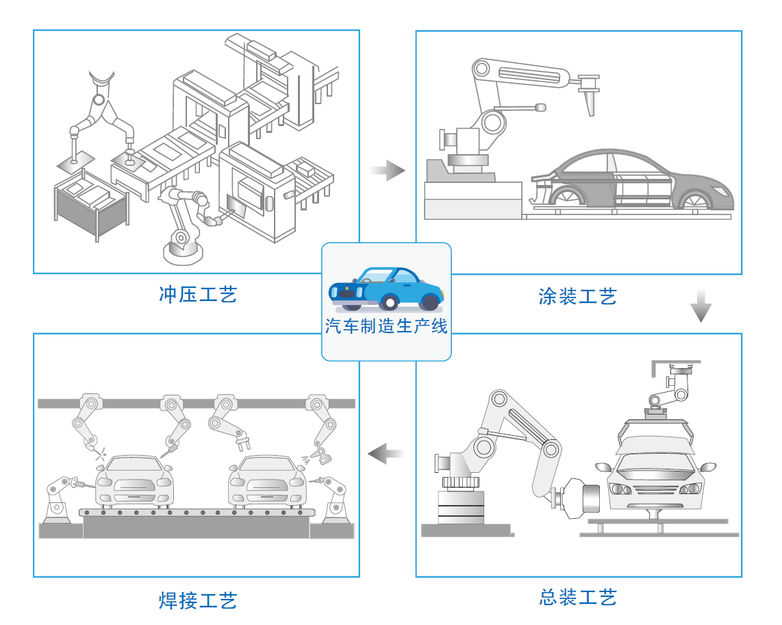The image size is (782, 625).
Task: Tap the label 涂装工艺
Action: coord(577,297)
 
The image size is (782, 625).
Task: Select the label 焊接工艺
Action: coord(198,600)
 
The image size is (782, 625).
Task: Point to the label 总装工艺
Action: coord(577,597)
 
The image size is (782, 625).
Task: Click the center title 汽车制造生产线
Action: coord(386,327)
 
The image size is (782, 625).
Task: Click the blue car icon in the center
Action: coord(386,289)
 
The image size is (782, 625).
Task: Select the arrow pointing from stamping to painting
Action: coord(388,170)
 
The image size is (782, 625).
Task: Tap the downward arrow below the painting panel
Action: coord(701,306)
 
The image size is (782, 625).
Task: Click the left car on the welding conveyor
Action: coord(134,480)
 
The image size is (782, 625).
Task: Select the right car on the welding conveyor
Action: coord(266,480)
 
